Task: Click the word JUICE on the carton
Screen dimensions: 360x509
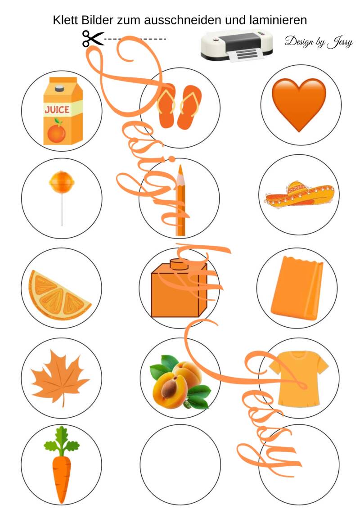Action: point(57,110)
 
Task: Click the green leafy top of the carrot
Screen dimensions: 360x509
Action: point(62,441)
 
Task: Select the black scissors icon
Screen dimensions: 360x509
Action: point(93,39)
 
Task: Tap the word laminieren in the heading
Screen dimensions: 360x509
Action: point(278,20)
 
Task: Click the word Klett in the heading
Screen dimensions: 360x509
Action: point(66,20)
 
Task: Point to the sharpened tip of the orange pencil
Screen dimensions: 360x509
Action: point(180,167)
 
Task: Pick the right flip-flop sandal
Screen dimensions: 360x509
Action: point(189,107)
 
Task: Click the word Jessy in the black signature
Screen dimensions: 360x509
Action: point(340,42)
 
